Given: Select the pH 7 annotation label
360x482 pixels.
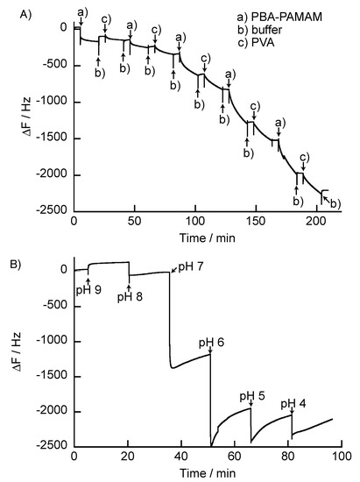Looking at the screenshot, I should point(193,266).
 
